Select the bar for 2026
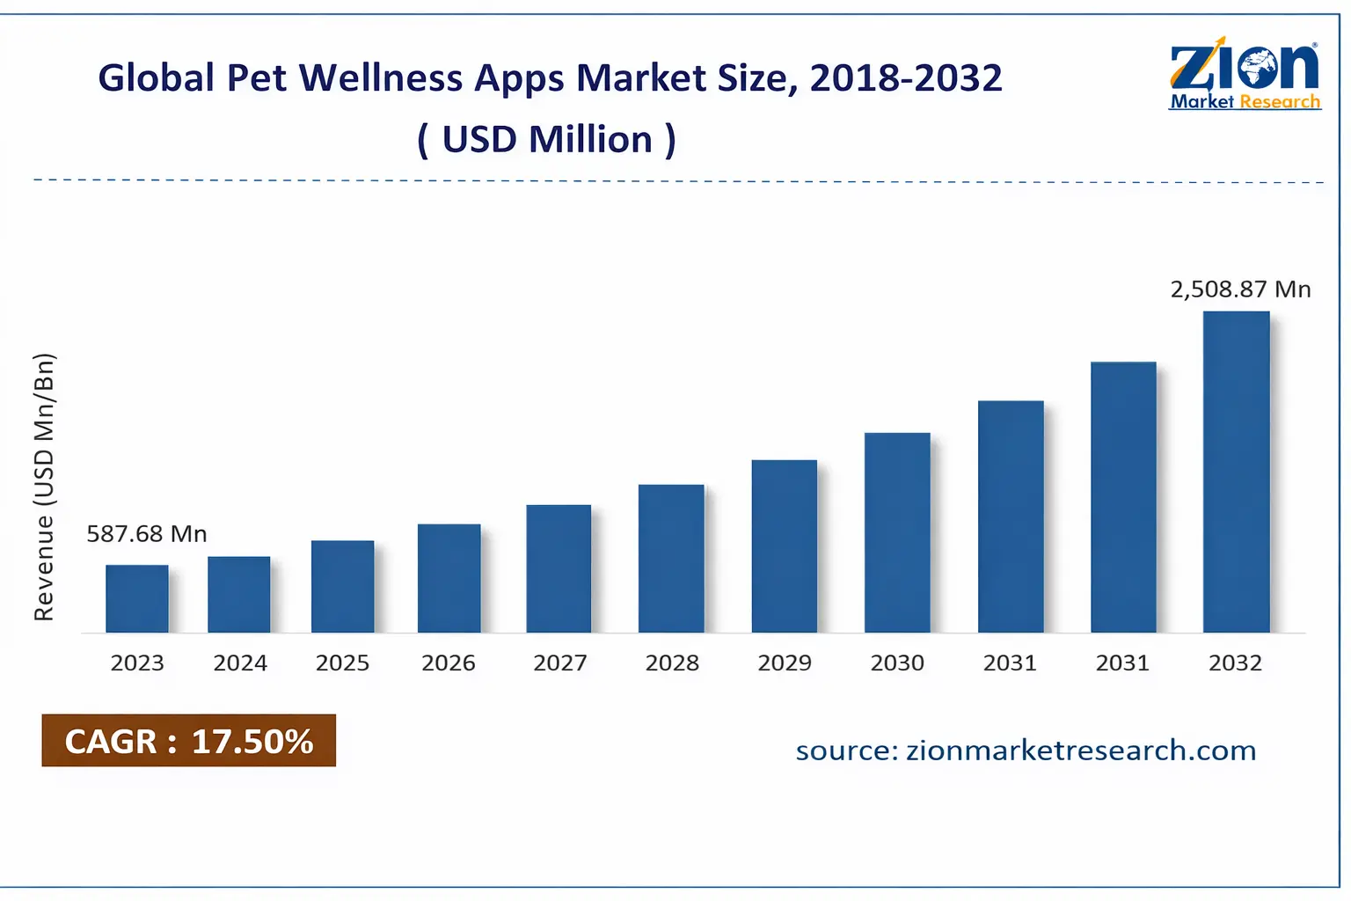coord(449,578)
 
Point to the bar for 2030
coord(897,532)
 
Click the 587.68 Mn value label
coord(146,534)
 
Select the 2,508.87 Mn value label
coord(1240,289)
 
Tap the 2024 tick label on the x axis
coord(240,663)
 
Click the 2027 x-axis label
coord(560,663)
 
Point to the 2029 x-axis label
coord(785,663)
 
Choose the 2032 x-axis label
coord(1235,663)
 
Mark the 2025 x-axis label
coord(342,663)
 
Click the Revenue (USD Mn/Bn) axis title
coord(44,487)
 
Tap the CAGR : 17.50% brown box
coord(188,741)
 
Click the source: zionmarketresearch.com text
coord(1026,751)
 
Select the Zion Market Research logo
coord(1245,75)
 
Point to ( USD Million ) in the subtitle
coord(546,140)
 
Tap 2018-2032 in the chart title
coord(906,78)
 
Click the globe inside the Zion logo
coord(1256,68)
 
